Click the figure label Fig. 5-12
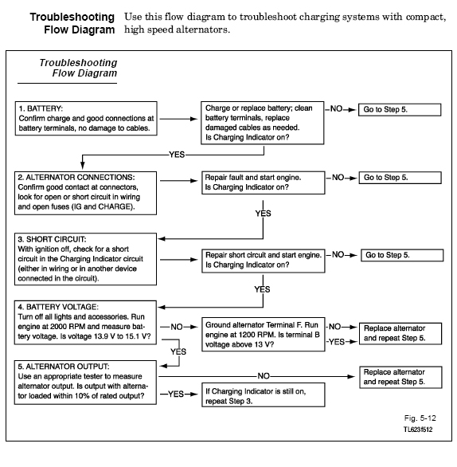pos(420,418)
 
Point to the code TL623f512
pos(418,430)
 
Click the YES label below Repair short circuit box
pos(262,289)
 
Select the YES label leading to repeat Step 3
pos(176,394)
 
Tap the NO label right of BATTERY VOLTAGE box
pos(177,327)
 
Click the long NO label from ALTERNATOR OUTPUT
pos(264,376)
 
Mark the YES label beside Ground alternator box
pos(337,342)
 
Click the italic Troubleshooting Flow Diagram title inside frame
pos(78,68)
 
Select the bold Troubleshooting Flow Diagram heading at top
pos(72,23)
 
